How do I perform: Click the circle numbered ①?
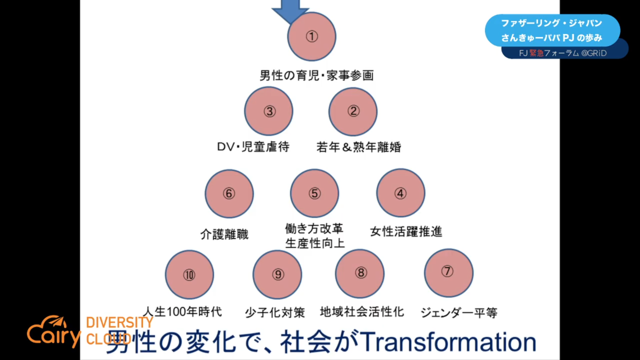311,36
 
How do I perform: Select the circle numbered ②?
353,111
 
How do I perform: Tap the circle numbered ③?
269,111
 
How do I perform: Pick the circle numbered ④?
400,193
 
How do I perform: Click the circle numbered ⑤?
314,193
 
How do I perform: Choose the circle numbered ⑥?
229,193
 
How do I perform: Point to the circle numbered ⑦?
448,273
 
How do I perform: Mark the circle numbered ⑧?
359,273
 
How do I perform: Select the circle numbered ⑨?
277,274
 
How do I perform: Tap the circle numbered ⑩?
189,274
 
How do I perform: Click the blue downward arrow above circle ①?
290,10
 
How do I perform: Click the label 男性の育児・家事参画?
316,75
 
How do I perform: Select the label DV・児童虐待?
253,147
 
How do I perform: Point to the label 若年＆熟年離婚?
358,147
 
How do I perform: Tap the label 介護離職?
224,234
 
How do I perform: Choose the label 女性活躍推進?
406,231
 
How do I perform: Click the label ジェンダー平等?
459,312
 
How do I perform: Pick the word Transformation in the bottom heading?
448,342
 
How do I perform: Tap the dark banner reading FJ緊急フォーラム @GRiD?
564,53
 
